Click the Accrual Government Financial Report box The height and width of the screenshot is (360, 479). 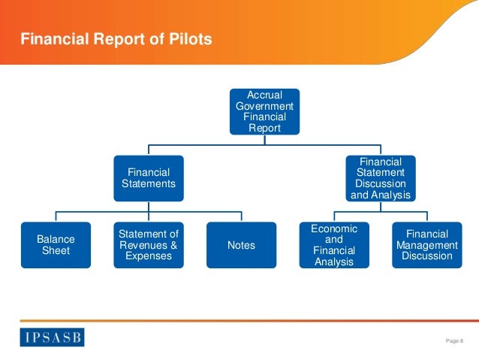tap(264, 111)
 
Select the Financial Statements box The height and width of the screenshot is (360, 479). tap(149, 178)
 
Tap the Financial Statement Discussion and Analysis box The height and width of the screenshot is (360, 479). tap(381, 178)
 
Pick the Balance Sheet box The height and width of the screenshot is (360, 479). tap(56, 245)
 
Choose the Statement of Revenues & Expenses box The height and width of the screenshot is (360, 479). tap(149, 245)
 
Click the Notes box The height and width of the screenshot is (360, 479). tap(241, 245)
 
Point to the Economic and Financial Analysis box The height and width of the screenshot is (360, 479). tap(334, 245)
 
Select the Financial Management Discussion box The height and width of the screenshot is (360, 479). tap(427, 245)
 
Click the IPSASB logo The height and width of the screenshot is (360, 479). tap(52, 335)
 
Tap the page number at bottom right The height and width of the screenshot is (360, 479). tap(455, 341)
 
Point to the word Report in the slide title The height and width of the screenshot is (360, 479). tap(129, 39)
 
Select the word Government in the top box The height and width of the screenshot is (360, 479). tap(264, 106)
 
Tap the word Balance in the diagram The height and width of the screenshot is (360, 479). tap(56, 239)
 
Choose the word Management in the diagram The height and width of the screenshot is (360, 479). tap(427, 245)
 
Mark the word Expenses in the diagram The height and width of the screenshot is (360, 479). tap(149, 256)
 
